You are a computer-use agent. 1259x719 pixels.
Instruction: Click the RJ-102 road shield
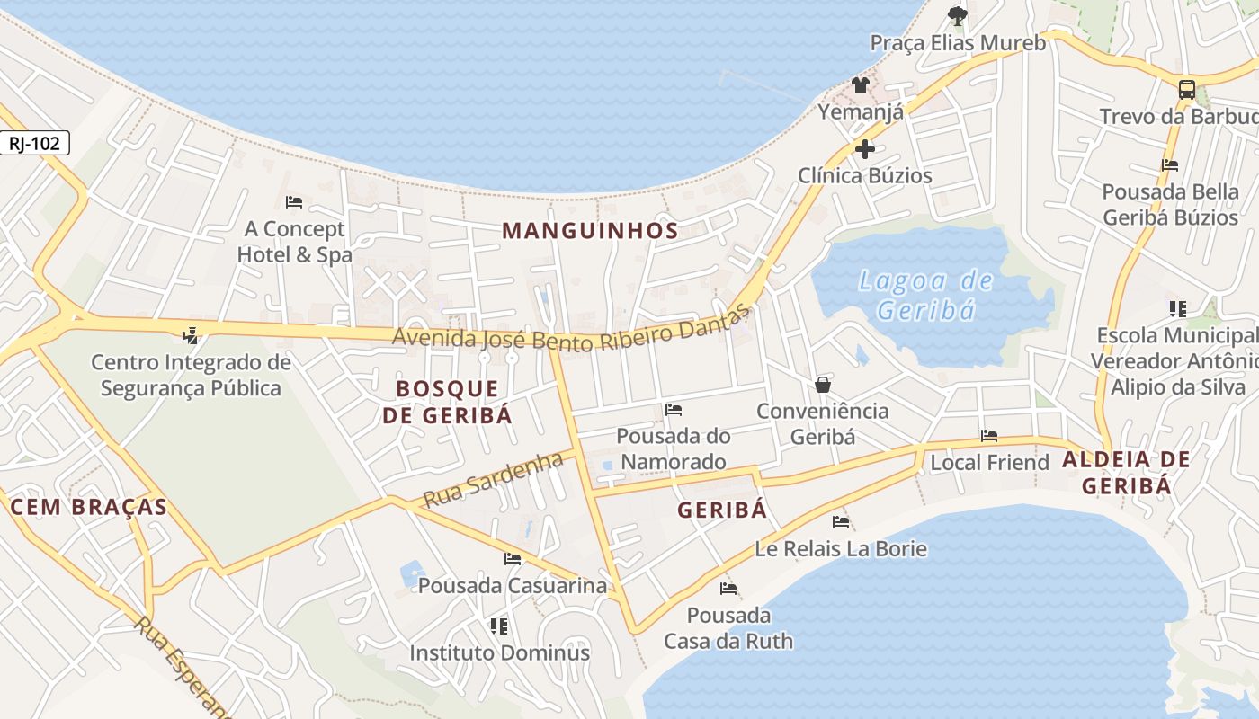(x=34, y=143)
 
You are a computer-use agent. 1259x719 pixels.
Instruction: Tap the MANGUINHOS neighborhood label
(x=590, y=230)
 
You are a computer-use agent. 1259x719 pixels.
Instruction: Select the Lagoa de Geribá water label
(x=925, y=296)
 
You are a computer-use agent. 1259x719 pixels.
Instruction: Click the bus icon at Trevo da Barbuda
(x=1187, y=89)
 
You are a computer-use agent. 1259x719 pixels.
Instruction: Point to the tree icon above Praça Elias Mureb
(x=957, y=15)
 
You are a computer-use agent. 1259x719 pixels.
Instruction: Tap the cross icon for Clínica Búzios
(x=865, y=148)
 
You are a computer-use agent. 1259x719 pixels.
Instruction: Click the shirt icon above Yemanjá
(x=861, y=85)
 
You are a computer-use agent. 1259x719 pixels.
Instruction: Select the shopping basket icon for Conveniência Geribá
(x=822, y=385)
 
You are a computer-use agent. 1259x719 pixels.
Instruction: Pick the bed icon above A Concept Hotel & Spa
(x=293, y=202)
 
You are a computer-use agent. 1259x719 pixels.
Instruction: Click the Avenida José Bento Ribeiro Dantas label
(x=571, y=332)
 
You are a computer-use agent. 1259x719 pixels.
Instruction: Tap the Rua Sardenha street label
(x=493, y=480)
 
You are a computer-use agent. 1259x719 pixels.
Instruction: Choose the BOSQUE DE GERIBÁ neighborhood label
(x=447, y=402)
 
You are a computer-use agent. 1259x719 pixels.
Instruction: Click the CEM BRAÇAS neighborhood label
(x=89, y=507)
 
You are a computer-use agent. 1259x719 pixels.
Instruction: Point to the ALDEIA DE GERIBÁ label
(x=1126, y=473)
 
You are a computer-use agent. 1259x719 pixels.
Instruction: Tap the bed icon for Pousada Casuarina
(x=513, y=559)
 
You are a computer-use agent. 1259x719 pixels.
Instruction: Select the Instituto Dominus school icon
(x=499, y=626)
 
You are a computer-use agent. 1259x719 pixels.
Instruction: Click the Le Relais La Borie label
(x=841, y=548)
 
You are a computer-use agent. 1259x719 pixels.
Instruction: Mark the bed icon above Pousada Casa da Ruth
(x=728, y=589)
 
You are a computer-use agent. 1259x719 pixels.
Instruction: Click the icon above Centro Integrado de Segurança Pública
(x=191, y=336)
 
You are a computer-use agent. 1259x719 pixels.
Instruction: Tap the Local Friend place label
(x=989, y=463)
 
